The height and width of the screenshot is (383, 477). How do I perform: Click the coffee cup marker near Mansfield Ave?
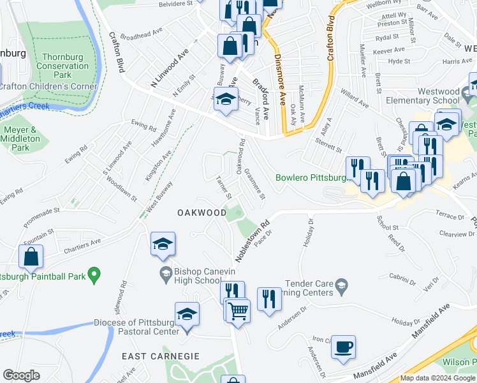344,347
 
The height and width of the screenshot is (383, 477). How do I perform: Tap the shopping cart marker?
238,312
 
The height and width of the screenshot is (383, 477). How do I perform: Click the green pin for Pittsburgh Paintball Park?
94,276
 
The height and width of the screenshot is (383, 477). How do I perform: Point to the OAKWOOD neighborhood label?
202,212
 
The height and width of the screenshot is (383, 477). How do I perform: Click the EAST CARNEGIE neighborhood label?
156,356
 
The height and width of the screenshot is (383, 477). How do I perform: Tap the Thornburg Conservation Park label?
62,66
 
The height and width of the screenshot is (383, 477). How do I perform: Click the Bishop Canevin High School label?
190,276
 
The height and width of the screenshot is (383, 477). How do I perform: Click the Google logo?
21,375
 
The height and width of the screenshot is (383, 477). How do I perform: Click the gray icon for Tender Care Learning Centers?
341,284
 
